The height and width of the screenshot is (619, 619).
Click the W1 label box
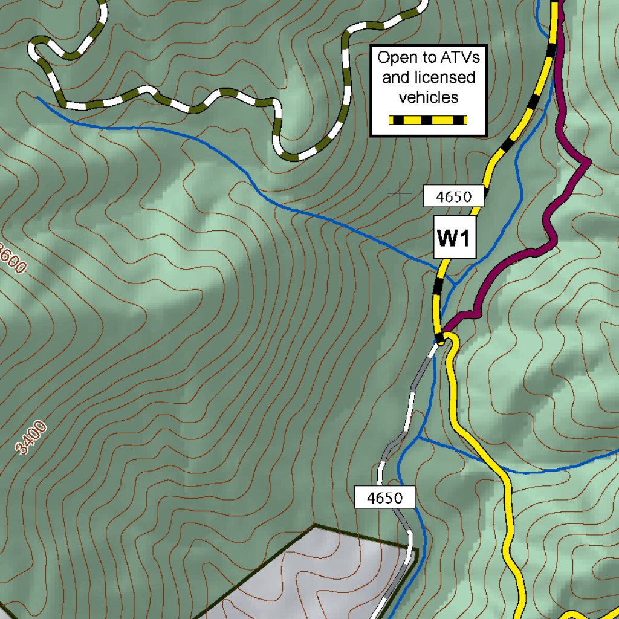[x=454, y=239]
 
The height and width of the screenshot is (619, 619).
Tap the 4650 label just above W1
[x=453, y=196]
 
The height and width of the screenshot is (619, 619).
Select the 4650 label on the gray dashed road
[x=385, y=498]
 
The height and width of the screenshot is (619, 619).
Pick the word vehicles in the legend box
[x=429, y=97]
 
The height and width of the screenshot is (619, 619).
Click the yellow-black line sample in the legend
[x=428, y=120]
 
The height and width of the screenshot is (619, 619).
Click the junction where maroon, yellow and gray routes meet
[x=442, y=339]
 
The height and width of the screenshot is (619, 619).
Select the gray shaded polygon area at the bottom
[x=314, y=574]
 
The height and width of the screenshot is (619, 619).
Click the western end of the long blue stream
[x=37, y=97]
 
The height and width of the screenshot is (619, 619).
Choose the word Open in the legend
[x=393, y=58]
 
